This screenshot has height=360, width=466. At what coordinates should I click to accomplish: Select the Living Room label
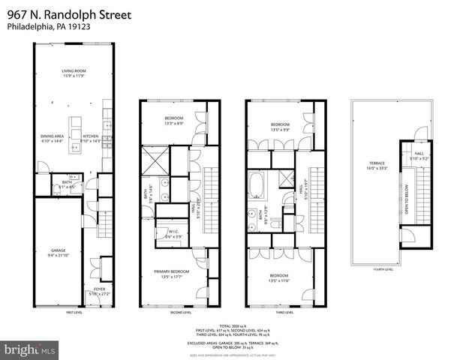[73, 71]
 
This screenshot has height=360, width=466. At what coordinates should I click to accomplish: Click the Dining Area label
[53, 135]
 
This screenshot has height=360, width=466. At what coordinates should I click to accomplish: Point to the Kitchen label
[90, 135]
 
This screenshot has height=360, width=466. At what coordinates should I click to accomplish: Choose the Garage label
[59, 250]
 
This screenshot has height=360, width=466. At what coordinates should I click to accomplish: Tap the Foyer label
[99, 288]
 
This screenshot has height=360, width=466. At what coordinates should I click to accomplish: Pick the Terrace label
[376, 163]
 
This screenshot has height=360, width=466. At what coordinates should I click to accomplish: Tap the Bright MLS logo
[29, 349]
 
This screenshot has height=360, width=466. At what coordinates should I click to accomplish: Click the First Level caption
[74, 312]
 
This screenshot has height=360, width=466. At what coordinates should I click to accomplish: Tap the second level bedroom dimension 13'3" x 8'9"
[174, 123]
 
